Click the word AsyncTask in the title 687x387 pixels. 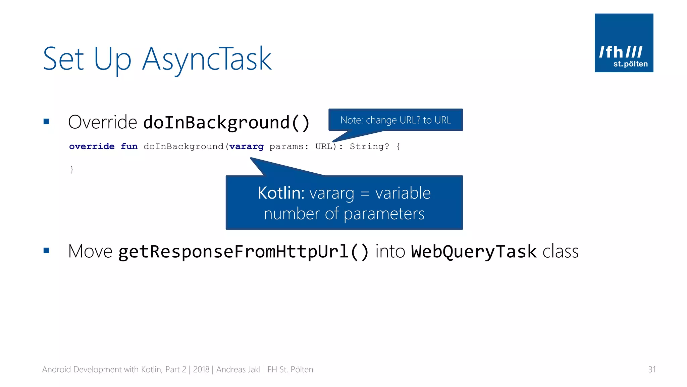pyautogui.click(x=206, y=59)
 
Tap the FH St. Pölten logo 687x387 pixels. pyautogui.click(x=624, y=43)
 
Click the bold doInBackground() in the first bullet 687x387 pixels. pyautogui.click(x=226, y=122)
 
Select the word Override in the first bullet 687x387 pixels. pyautogui.click(x=102, y=122)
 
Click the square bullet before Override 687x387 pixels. pyautogui.click(x=46, y=122)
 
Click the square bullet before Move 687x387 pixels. pyautogui.click(x=46, y=251)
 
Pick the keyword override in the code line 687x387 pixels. pyautogui.click(x=92, y=146)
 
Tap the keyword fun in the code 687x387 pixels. pyautogui.click(x=129, y=146)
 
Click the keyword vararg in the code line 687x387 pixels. pyautogui.click(x=246, y=147)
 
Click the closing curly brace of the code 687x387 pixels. pyautogui.click(x=72, y=169)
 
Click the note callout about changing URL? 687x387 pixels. pyautogui.click(x=395, y=120)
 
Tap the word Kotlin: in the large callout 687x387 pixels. pyautogui.click(x=281, y=193)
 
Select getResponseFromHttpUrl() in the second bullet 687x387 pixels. pyautogui.click(x=244, y=252)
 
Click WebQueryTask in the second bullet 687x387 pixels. pyautogui.click(x=474, y=252)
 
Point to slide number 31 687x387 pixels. pyautogui.click(x=651, y=370)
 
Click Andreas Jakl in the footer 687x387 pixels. pyautogui.click(x=238, y=370)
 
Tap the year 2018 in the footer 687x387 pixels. pyautogui.click(x=201, y=370)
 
